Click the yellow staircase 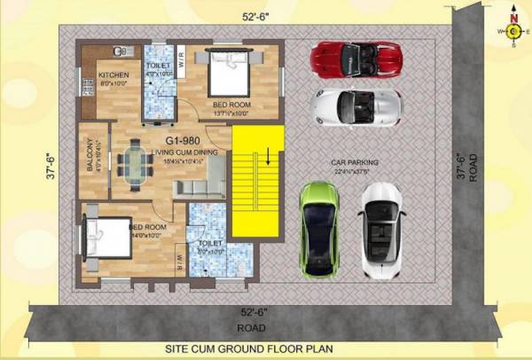(257, 181)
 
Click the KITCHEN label (113, 74)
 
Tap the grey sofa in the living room (197, 189)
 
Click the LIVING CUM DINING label (181, 153)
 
